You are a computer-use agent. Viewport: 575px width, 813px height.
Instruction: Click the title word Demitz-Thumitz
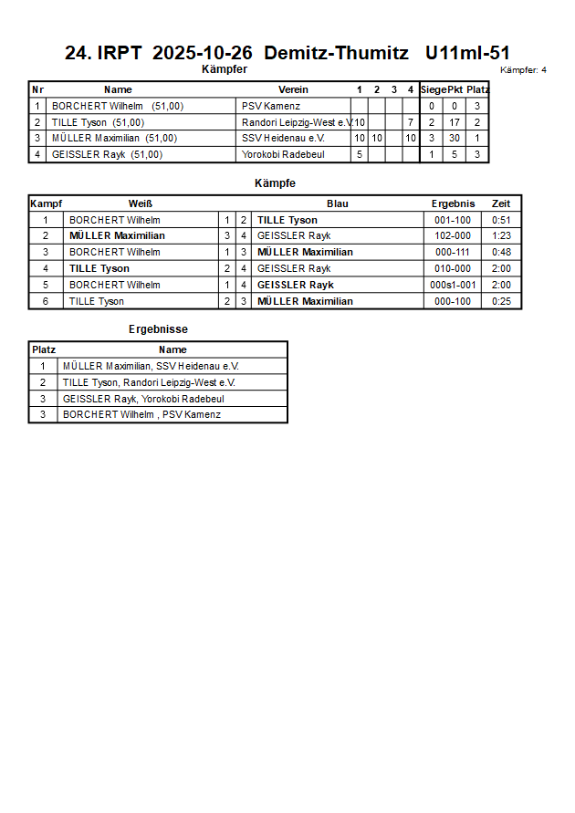(336, 53)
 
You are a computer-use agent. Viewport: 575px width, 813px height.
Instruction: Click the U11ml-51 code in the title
(467, 53)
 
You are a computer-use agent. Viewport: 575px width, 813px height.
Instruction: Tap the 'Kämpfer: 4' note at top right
(523, 69)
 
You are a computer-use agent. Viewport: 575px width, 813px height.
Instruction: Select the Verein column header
(293, 89)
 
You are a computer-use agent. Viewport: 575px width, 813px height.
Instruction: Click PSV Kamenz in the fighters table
(270, 106)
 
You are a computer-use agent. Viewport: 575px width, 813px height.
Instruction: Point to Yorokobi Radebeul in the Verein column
(282, 155)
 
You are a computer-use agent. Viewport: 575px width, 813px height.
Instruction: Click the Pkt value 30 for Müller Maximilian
(454, 139)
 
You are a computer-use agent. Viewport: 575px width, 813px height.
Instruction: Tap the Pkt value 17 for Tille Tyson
(454, 122)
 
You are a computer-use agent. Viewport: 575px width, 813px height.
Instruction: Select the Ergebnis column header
(453, 203)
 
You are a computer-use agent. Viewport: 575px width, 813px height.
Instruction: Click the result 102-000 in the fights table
(453, 235)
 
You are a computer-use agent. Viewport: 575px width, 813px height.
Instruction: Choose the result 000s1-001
(453, 285)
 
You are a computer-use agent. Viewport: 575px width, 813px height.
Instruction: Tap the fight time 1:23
(501, 235)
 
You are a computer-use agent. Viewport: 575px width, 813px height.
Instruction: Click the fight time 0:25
(501, 301)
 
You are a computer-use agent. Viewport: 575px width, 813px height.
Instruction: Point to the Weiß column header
(141, 203)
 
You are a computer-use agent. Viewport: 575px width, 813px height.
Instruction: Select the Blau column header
(337, 203)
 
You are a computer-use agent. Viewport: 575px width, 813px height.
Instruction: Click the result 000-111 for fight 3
(453, 252)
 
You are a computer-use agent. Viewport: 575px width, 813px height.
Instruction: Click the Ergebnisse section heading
(158, 329)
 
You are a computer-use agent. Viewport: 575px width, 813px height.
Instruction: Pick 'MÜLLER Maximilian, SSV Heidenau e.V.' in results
(151, 366)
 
